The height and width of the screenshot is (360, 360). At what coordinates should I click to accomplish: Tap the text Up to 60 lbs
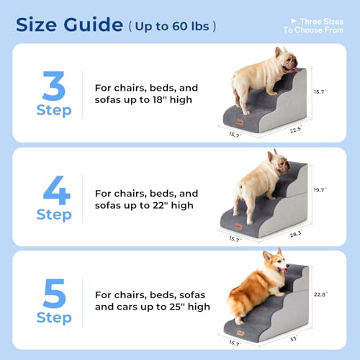173,27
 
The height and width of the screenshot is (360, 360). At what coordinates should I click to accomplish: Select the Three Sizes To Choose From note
312,26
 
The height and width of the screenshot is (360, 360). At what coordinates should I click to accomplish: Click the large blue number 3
54,86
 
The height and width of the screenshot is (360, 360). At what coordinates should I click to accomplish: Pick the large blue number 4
55,190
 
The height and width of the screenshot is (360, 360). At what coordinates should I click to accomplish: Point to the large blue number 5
55,292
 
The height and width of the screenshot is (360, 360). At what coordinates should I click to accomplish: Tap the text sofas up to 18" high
143,99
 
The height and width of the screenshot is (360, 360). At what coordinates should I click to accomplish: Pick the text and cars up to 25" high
152,307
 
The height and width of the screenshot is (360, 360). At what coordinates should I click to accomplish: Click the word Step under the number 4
54,215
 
